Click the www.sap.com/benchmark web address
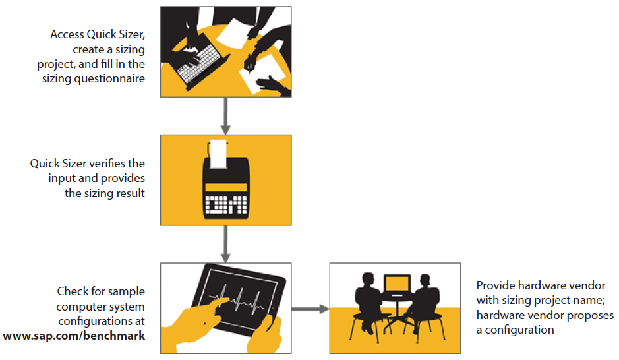pos(74,336)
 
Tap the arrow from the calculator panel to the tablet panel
pos(225,243)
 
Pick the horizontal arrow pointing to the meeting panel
pos(309,308)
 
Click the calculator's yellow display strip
pos(225,187)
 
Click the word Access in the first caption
pos(67,34)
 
